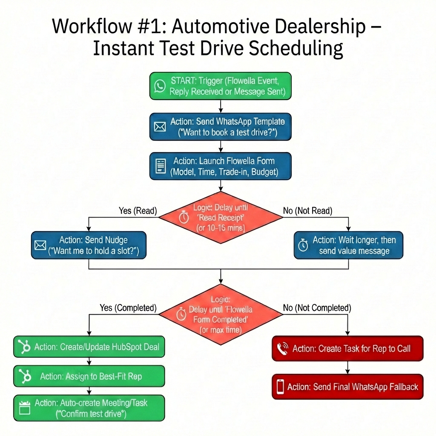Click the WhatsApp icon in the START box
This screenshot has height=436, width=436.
[160, 86]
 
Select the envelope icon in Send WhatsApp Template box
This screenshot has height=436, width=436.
[160, 127]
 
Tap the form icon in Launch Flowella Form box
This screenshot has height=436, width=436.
[160, 166]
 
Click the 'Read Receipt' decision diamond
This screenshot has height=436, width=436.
[221, 217]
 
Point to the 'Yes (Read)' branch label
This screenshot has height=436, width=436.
[138, 210]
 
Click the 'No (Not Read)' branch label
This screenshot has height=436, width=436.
[307, 210]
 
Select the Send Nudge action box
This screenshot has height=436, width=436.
[89, 245]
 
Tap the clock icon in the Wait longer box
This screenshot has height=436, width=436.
[303, 246]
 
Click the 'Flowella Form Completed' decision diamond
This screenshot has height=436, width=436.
[221, 314]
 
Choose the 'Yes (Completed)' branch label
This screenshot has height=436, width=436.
[128, 307]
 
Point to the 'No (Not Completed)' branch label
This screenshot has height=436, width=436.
[317, 307]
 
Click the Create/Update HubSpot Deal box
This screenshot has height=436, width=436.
[89, 347]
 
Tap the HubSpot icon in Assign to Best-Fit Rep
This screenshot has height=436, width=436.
[25, 376]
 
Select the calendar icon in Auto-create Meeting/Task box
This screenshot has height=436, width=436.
[25, 408]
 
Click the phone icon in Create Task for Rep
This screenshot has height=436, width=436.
[282, 349]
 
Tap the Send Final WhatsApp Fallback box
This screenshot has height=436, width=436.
[347, 387]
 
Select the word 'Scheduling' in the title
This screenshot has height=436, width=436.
[295, 49]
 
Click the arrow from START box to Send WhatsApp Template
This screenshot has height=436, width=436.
[221, 106]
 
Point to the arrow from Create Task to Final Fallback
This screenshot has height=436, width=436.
[347, 367]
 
